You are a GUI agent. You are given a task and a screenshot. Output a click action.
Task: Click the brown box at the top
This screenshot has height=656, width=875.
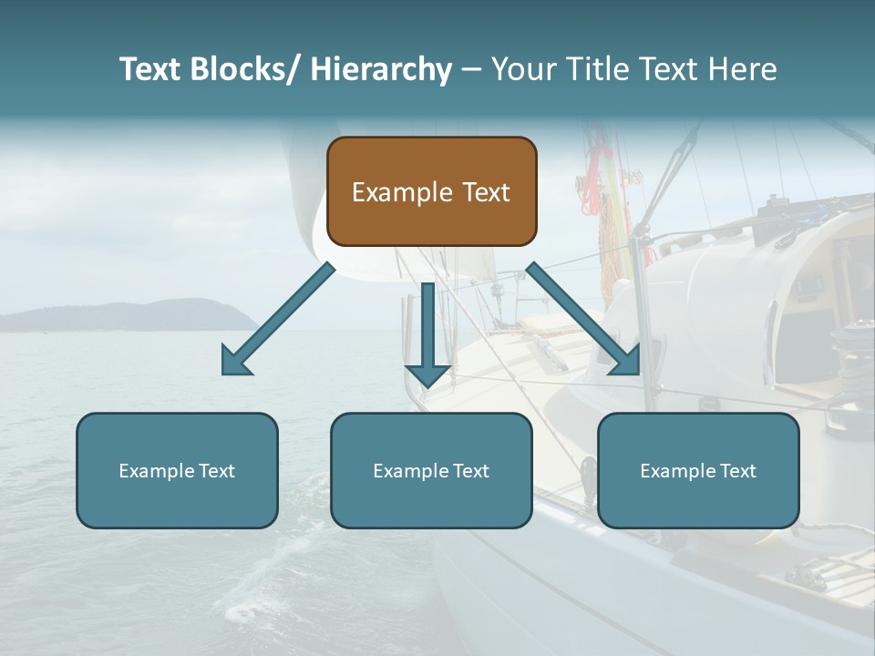pyautogui.click(x=431, y=191)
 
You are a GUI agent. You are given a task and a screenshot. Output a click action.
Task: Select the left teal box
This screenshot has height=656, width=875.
pyautogui.click(x=177, y=470)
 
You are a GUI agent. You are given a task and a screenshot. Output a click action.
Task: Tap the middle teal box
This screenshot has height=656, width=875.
pyautogui.click(x=431, y=470)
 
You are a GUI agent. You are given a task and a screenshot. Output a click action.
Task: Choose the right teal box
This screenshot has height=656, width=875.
pyautogui.click(x=698, y=470)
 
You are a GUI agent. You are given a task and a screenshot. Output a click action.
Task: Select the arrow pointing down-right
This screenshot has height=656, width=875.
pyautogui.click(x=583, y=319)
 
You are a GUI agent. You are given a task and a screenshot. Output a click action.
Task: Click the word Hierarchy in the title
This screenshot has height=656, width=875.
pyautogui.click(x=381, y=69)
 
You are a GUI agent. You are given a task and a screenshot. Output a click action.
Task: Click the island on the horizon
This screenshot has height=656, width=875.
pyautogui.click(x=137, y=316)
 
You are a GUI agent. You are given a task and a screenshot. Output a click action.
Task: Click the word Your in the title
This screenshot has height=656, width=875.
pyautogui.click(x=521, y=69)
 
